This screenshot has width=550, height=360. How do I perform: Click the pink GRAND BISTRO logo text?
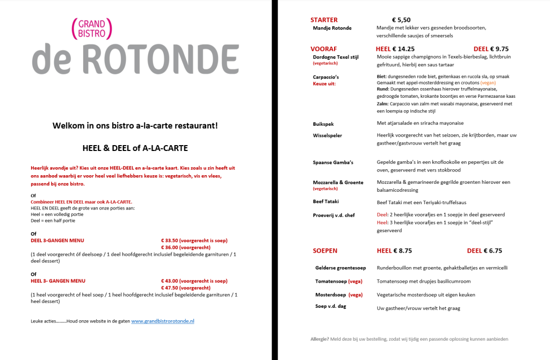tap(91, 28)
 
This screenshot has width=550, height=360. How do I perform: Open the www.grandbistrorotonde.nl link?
tap(163, 321)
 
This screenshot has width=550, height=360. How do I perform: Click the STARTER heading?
tap(324, 20)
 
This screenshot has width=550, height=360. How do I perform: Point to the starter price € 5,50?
tap(401, 20)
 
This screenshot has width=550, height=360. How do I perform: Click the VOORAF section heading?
tap(324, 48)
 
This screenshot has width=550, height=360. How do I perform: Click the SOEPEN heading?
tap(325, 250)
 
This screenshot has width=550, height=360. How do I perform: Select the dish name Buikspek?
tap(323, 124)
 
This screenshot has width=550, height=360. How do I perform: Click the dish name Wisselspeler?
tap(328, 135)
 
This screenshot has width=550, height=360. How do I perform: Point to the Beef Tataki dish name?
tap(327, 201)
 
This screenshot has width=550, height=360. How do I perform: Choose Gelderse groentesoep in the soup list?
tap(341, 268)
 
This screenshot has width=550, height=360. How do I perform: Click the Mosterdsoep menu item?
tap(330, 294)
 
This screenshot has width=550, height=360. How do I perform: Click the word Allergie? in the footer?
tap(321, 339)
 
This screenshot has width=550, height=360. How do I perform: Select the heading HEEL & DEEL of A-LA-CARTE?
tap(135, 148)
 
